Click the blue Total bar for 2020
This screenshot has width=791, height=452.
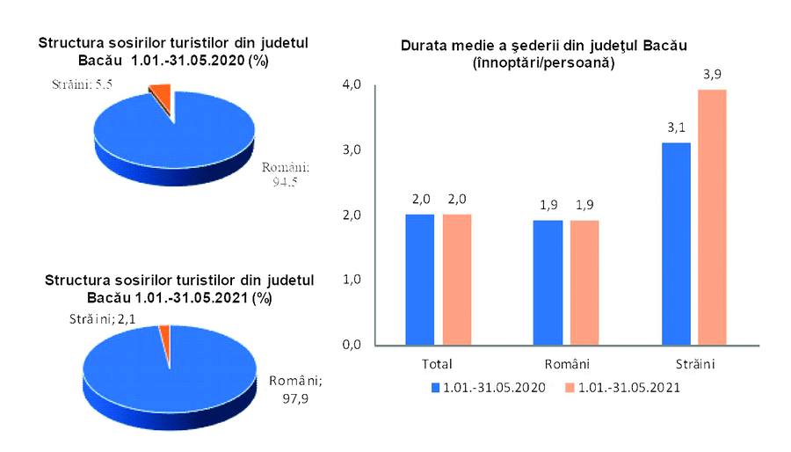420,279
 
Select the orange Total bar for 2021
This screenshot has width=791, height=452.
457,279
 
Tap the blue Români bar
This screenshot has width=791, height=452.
548,282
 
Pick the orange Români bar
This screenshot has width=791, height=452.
584,282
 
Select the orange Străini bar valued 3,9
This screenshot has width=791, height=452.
712,217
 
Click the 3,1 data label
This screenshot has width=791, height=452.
676,129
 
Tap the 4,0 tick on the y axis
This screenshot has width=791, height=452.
352,84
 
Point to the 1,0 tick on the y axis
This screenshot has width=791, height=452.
352,280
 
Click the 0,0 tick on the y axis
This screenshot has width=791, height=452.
352,344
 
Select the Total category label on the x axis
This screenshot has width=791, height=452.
438,363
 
